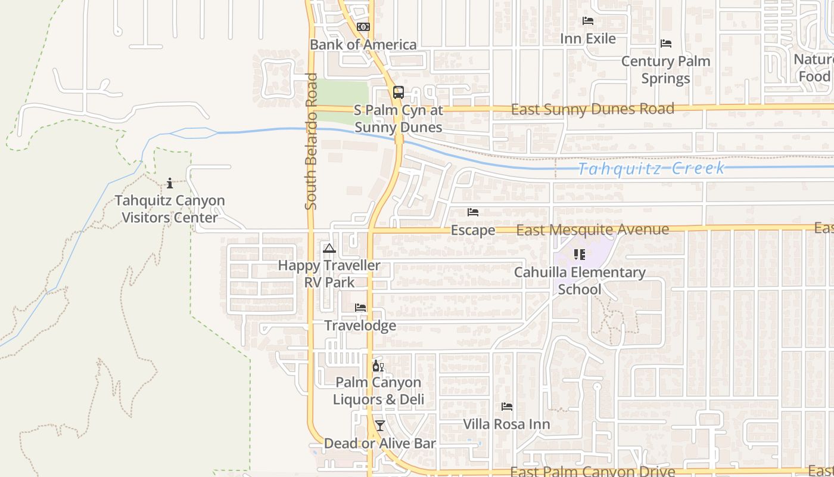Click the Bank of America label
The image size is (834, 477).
[x=363, y=45]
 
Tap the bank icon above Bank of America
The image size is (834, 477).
[x=363, y=27]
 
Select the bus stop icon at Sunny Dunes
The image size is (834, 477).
[x=398, y=92]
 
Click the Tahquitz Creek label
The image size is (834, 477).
[x=652, y=168]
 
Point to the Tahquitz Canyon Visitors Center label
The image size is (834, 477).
[x=170, y=209]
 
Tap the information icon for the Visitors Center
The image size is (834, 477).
[x=170, y=183]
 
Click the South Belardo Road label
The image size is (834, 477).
[x=310, y=141]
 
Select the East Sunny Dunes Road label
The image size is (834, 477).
[x=592, y=109]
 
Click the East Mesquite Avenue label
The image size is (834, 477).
[x=592, y=230]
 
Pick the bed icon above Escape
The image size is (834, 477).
[x=473, y=212]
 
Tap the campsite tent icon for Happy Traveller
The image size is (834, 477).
[x=329, y=248]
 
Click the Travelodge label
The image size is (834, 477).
[x=360, y=326]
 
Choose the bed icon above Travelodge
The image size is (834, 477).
[x=360, y=308]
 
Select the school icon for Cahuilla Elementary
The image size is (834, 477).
[x=580, y=255]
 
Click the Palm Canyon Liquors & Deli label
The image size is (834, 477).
[x=378, y=391]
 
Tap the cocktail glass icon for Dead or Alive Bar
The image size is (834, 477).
[x=379, y=426]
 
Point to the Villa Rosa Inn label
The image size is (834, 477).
[x=506, y=425]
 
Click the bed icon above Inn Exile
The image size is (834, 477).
[x=588, y=21]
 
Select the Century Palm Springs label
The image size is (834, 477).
[x=665, y=70]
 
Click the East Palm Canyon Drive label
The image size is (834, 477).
[x=592, y=472]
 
